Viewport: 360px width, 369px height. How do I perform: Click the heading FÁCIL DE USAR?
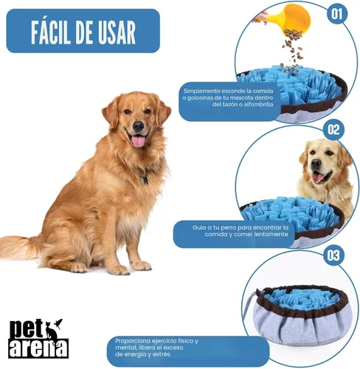tap(83, 32)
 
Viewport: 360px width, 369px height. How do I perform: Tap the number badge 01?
tap(336, 13)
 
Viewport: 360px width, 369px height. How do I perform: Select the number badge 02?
tap(335, 130)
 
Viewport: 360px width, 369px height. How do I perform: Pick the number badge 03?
tap(333, 256)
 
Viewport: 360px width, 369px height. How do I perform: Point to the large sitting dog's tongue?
tap(138, 140)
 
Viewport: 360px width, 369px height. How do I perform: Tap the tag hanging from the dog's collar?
tap(145, 179)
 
